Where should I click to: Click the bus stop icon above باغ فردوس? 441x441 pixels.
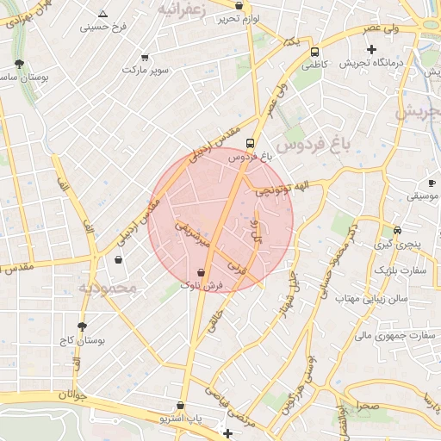(x=250, y=144)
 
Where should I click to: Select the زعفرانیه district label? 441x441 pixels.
(x=183, y=9)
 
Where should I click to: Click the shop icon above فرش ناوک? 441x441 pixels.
(x=202, y=272)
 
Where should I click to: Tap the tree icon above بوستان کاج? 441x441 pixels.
(x=83, y=327)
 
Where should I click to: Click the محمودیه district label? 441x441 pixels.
(x=107, y=289)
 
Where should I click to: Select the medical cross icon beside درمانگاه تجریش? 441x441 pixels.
(x=371, y=49)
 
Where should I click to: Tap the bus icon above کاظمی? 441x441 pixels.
(x=315, y=51)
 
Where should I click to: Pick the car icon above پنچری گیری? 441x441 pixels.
(x=397, y=231)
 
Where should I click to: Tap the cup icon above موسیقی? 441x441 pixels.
(x=434, y=183)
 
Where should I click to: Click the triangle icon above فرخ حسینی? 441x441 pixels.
(x=103, y=14)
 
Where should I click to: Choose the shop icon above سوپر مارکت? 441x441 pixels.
(x=144, y=58)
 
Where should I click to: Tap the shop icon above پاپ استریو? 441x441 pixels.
(x=180, y=405)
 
